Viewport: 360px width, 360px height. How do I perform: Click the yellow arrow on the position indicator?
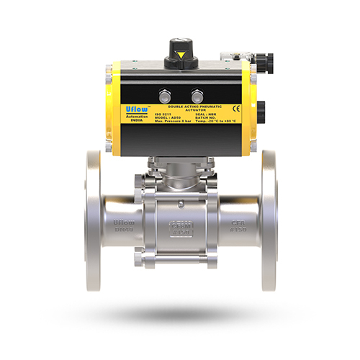pyautogui.click(x=181, y=55)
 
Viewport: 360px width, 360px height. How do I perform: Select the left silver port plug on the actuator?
pyautogui.click(x=166, y=95)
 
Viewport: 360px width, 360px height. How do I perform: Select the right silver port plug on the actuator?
pyautogui.click(x=196, y=95)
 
